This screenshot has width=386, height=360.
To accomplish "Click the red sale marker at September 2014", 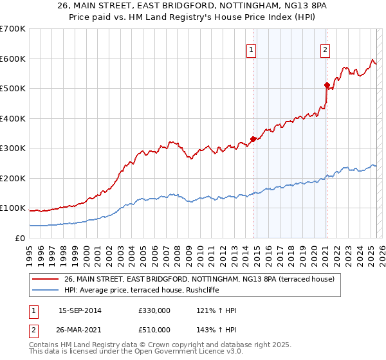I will coord(253,139).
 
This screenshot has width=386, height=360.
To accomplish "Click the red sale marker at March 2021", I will coord(327,85).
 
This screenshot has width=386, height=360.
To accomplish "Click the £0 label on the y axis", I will coord(19,238).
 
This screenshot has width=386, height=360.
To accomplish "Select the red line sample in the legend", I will coord(46,280).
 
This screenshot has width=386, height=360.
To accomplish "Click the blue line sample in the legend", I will coord(46,291).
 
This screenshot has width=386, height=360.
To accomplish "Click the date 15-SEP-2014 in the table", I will coord(80,310).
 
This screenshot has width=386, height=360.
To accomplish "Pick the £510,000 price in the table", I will coord(154,330).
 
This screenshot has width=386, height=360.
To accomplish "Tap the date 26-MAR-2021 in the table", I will coord(80,330).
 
